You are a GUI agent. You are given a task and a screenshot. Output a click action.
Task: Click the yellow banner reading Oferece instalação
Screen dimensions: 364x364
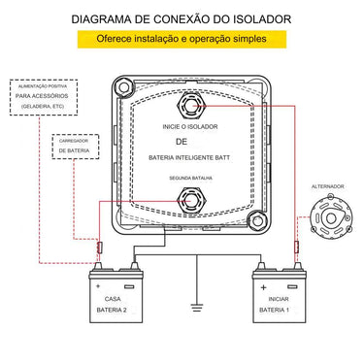pos(182,41)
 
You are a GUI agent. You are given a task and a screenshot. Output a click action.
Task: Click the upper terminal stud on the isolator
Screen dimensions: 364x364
pos(191,106)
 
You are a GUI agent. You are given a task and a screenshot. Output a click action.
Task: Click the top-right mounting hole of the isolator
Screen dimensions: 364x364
pos(259,87)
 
